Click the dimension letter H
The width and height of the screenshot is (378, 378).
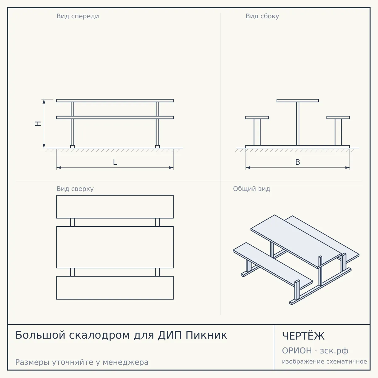38,123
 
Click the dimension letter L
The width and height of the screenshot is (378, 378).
115,162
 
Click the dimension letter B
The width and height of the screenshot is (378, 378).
298,162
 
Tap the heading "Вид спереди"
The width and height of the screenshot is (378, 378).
78,16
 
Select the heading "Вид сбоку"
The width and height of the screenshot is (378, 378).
262,16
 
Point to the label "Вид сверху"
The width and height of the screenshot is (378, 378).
75,189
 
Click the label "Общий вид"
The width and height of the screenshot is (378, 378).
251,189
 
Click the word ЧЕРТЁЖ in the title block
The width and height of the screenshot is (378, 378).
303,336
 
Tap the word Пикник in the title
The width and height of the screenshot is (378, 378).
206,335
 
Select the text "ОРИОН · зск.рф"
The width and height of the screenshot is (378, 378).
315,351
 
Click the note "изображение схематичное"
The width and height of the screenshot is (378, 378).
324,362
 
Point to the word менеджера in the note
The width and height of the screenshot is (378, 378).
126,362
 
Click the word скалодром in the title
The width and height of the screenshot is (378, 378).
99,335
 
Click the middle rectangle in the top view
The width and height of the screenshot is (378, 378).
115,247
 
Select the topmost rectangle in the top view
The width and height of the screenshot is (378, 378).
115,207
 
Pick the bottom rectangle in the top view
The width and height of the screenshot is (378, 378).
115,288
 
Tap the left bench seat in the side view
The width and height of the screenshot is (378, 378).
257,117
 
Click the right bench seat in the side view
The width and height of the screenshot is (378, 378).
338,117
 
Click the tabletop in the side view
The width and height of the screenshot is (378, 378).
298,100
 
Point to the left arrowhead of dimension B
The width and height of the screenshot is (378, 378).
248,168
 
